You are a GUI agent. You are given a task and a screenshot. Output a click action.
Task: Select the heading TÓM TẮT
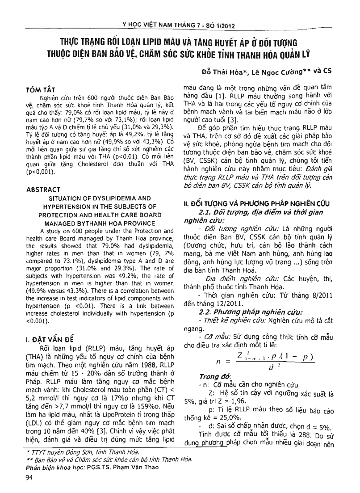[x=40, y=90]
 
